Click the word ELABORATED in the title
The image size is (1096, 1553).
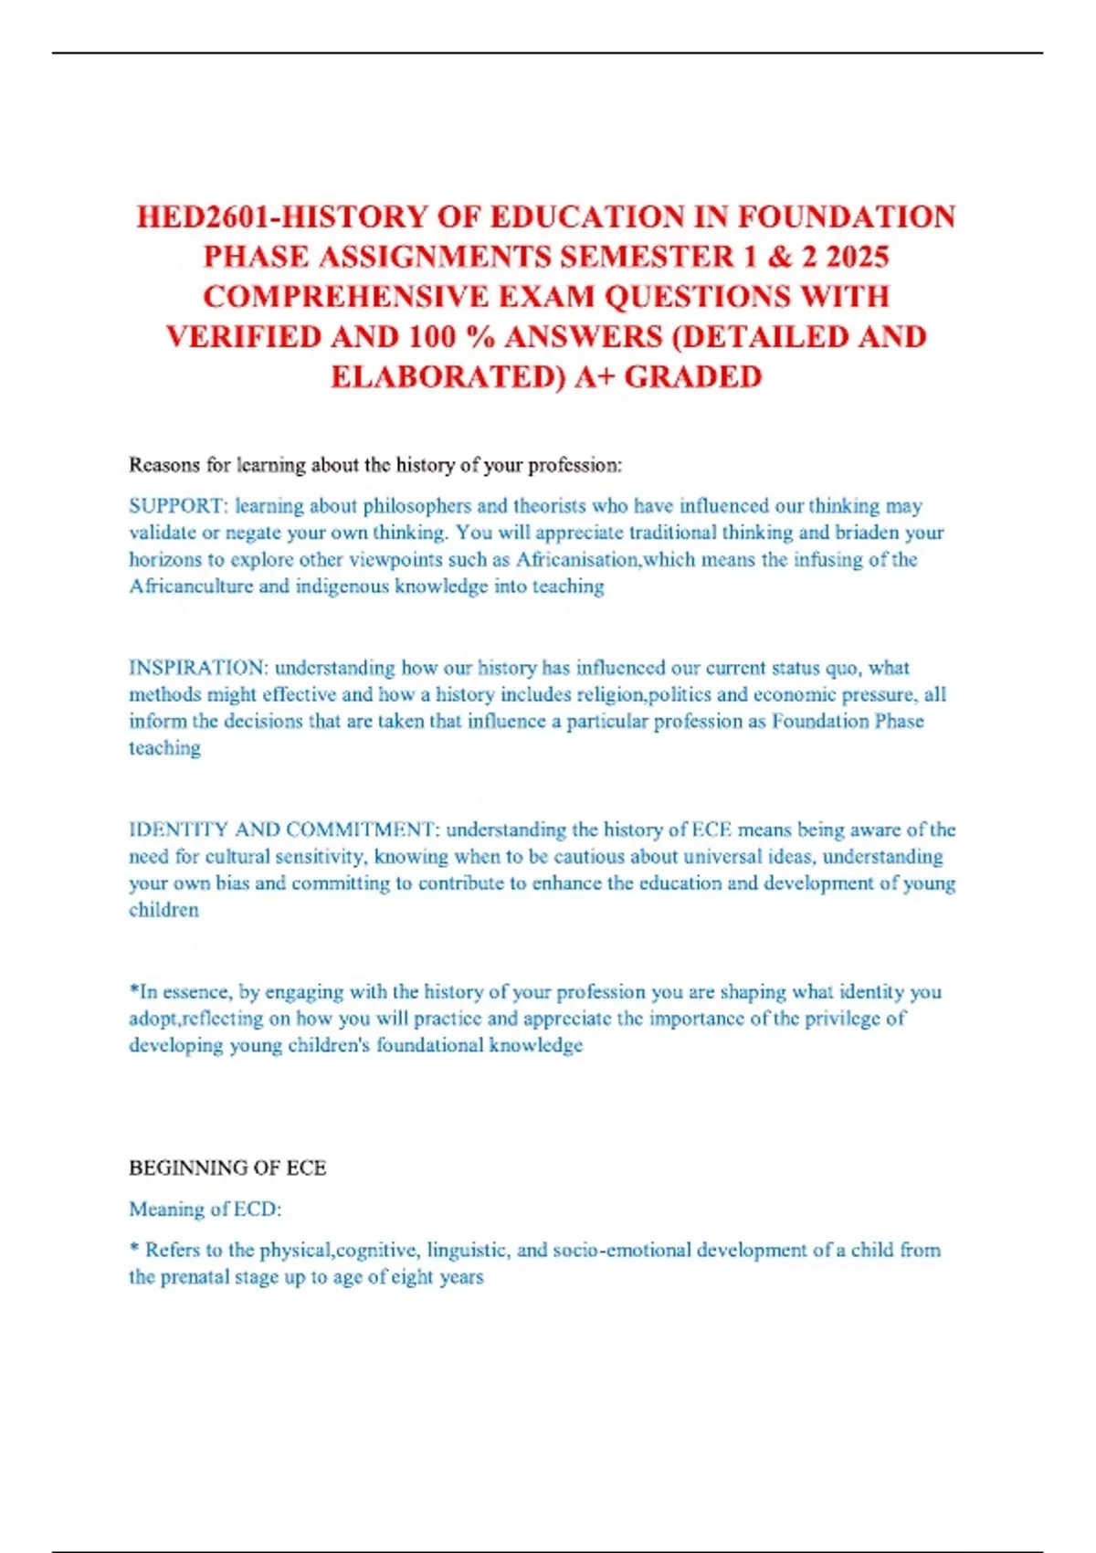click(448, 377)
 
